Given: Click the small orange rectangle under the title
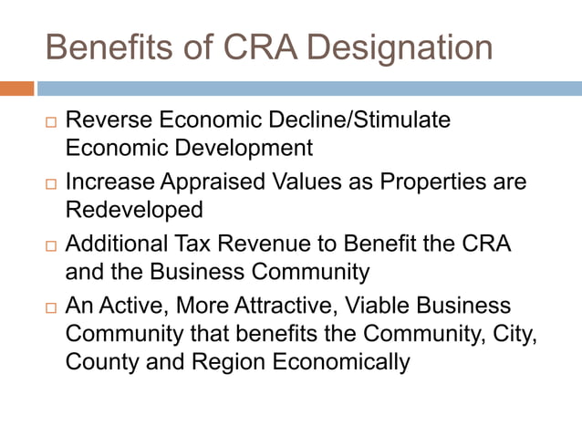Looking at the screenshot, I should [x=16, y=88].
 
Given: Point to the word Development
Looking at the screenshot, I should [x=244, y=148].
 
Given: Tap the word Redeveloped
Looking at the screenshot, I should [x=134, y=210].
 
